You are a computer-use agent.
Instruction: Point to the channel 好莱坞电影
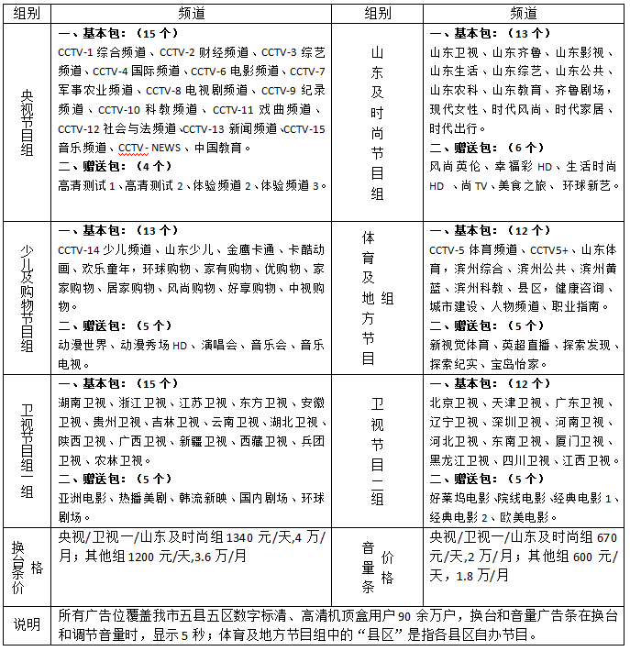(x=459, y=499)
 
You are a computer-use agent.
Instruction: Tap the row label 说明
(x=26, y=624)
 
